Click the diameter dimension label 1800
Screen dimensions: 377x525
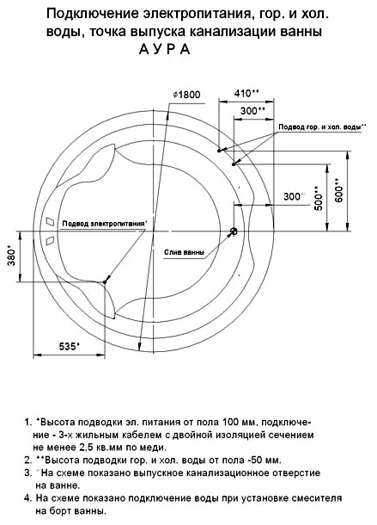click(x=186, y=95)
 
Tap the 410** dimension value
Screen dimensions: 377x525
click(x=246, y=93)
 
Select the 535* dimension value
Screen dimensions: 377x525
click(x=70, y=346)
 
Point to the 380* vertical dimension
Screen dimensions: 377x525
click(x=12, y=256)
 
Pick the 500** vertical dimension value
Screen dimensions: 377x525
click(x=319, y=198)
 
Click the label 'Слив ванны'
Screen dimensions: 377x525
click(x=184, y=252)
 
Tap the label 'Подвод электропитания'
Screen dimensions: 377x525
click(x=104, y=223)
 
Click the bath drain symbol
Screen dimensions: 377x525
click(x=234, y=231)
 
